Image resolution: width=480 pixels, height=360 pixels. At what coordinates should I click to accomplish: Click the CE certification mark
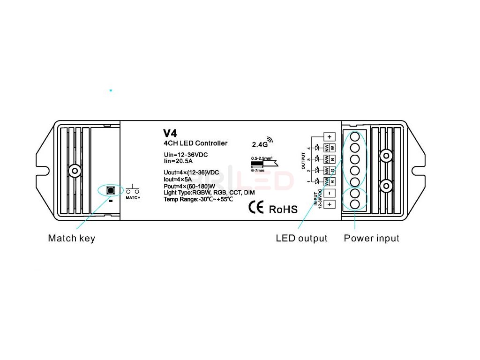click(255, 208)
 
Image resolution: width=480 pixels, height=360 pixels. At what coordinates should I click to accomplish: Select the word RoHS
click(283, 209)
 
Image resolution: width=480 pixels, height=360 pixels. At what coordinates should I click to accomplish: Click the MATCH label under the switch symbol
click(133, 198)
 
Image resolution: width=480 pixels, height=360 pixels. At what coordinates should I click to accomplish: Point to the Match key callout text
click(71, 238)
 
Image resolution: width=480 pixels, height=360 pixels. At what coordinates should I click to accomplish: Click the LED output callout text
click(301, 238)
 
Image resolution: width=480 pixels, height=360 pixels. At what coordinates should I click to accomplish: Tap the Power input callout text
click(371, 238)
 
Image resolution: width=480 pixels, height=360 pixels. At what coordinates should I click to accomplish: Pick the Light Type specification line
click(209, 193)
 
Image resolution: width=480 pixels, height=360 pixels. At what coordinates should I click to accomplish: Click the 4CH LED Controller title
click(195, 143)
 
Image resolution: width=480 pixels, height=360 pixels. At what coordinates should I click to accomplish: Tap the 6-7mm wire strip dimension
click(257, 171)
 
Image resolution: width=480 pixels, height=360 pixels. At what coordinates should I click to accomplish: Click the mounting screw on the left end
click(74, 171)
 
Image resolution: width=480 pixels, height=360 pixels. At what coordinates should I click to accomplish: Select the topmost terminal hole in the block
click(355, 137)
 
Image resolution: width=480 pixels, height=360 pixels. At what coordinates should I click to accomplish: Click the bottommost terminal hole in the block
click(355, 204)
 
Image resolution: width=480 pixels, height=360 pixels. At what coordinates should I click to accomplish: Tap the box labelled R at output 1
click(333, 181)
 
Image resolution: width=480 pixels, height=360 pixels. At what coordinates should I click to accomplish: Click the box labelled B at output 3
click(333, 159)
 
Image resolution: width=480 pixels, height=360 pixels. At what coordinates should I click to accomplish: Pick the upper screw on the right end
click(386, 156)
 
